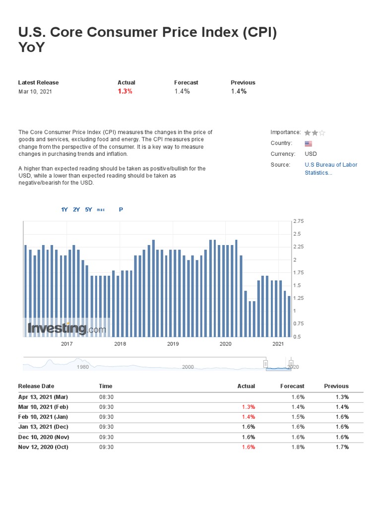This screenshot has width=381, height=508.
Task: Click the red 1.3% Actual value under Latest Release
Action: point(125,91)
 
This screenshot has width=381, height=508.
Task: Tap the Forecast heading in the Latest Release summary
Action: point(186,82)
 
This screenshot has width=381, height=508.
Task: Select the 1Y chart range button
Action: point(64,209)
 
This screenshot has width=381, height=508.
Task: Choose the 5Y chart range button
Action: point(89,209)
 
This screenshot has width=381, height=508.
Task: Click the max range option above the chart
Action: point(101,210)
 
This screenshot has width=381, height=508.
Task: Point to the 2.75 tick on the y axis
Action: point(298,221)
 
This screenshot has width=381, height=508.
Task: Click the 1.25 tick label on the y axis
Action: point(298,298)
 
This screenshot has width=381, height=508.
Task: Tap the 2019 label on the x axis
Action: point(173,344)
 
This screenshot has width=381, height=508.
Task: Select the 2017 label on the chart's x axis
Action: point(67,344)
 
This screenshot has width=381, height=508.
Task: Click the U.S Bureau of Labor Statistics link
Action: point(331,169)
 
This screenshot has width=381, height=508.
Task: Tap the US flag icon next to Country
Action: point(308,143)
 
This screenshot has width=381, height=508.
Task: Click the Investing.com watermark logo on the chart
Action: point(66,328)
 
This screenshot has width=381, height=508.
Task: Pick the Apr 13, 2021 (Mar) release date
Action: point(43,397)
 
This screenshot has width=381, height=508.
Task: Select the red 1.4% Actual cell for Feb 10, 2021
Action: point(249,417)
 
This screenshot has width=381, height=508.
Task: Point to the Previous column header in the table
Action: point(336,386)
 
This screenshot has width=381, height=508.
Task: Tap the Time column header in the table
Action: point(106,386)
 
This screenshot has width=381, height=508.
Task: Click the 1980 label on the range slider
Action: point(82,367)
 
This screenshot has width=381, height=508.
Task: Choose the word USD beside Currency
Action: point(311,154)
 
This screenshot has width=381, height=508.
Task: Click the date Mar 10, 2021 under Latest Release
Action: point(35,91)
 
